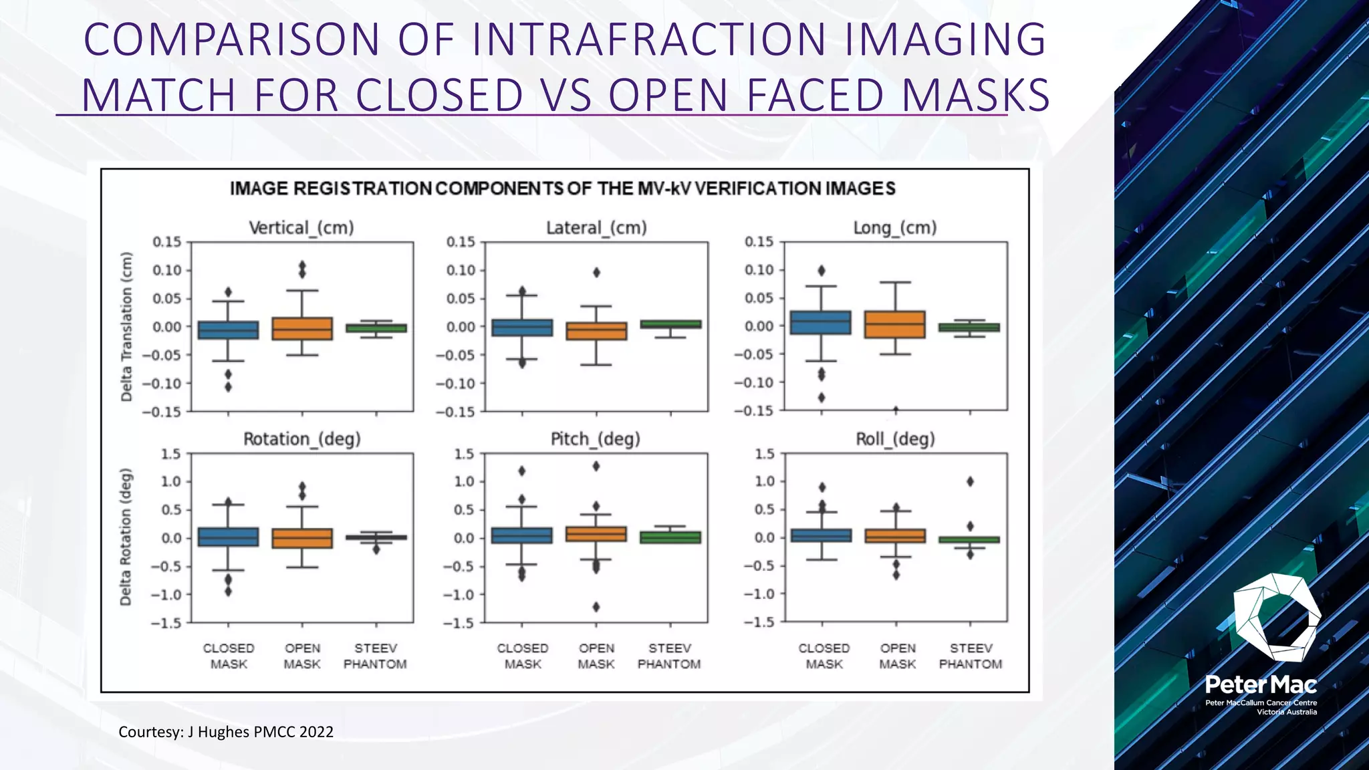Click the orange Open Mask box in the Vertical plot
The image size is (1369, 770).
point(302,329)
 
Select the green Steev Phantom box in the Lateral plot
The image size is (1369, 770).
point(670,324)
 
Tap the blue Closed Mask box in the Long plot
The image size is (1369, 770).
point(821,322)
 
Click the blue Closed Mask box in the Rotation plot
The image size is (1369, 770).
point(228,537)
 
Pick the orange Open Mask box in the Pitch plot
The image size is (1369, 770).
point(596,533)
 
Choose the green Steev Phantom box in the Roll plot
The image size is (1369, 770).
point(970,539)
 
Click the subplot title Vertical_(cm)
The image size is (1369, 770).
point(301,228)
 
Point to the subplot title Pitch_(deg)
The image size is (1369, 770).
point(596,439)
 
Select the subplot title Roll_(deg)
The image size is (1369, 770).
point(895,439)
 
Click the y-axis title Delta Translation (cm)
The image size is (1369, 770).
point(126,327)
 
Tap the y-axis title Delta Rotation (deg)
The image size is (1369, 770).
point(126,537)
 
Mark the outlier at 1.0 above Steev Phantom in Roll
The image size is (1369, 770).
point(971,481)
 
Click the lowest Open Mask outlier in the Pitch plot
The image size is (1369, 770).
point(596,607)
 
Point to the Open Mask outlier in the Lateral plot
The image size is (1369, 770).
point(596,272)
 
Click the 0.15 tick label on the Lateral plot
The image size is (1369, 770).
point(461,242)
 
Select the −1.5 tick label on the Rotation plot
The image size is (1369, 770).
point(166,623)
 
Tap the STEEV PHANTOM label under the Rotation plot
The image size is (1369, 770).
point(375,656)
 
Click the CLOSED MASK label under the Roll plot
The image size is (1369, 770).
point(824,656)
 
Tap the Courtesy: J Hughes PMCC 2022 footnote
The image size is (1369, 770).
point(226,732)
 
